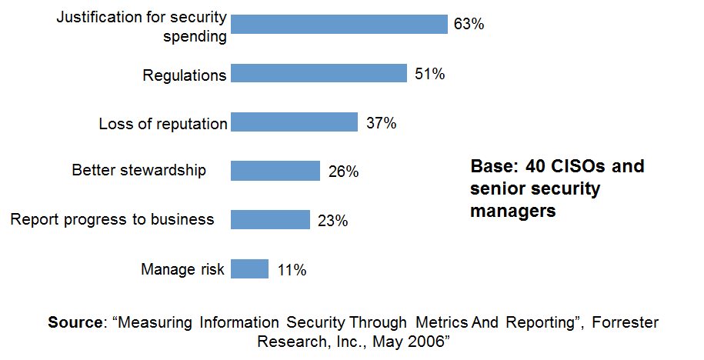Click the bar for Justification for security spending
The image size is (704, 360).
pos(339,24)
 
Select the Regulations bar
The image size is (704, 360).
pos(319,74)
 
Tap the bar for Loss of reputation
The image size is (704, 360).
pos(294,122)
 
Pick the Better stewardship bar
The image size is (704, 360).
pos(275,171)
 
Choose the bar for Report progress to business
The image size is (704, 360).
pos(270,220)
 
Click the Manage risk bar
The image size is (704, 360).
pos(249,269)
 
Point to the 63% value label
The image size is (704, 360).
pos(469,25)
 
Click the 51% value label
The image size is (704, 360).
pos(429,75)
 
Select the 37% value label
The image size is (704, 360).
pos(381,123)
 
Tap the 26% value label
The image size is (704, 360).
pos(342,172)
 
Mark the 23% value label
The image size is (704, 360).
pos(332,222)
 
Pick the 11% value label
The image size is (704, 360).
pos(291,270)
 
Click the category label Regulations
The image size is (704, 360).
pos(185,75)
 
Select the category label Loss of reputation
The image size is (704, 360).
pos(163,124)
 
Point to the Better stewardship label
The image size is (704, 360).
pos(139,171)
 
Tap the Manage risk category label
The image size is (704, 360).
pos(182,269)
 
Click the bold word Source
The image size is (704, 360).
pos(75,322)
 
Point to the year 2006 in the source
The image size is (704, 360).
pos(429,340)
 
